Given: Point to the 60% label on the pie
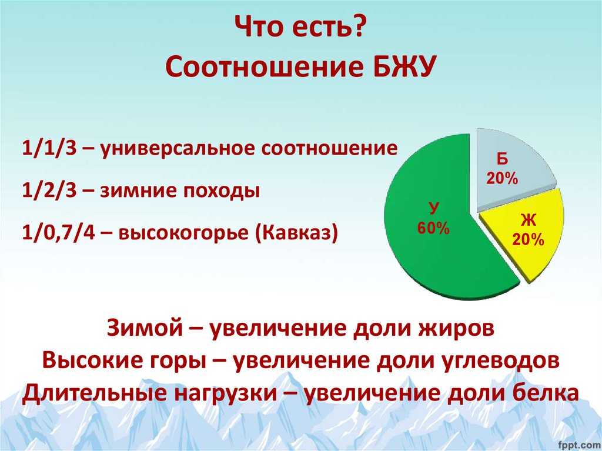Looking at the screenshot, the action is tap(433, 228).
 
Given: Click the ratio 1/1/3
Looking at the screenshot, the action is tap(50, 148).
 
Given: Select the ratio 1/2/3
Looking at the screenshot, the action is tap(50, 191).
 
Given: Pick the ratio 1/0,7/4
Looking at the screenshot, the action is tap(58, 233).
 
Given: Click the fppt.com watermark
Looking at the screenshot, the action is tap(580, 445).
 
